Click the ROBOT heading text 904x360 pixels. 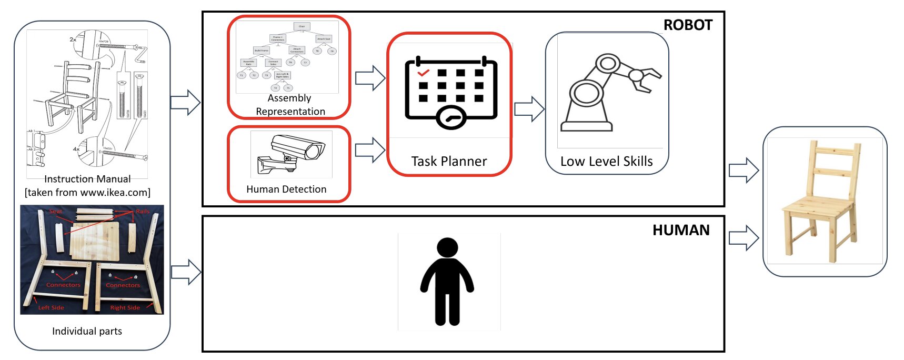click(687, 25)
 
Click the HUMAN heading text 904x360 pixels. click(680, 230)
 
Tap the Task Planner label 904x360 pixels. click(449, 162)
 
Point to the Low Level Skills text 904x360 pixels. click(606, 162)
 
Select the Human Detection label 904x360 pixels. click(286, 189)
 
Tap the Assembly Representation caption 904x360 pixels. click(290, 105)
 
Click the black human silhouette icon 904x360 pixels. click(447, 281)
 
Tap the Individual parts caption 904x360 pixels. click(87, 331)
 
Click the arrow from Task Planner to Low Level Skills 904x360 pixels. click(529, 109)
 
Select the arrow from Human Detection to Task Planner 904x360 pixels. click(370, 150)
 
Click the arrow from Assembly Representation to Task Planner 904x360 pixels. click(370, 78)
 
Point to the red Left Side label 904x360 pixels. click(51, 307)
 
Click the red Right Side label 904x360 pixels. click(125, 307)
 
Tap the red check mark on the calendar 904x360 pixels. click(423, 73)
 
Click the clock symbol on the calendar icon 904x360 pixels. click(451, 118)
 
